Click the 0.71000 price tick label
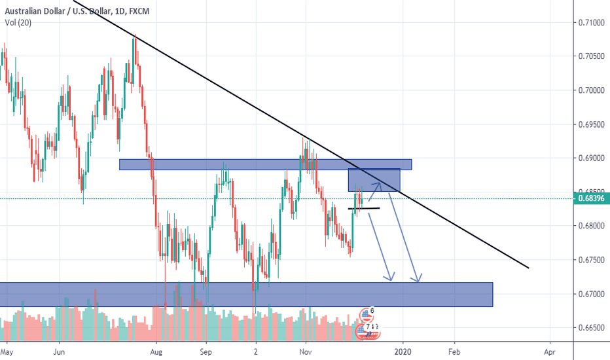tap(591, 22)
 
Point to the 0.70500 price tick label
tap(591, 56)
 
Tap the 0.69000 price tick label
tap(591, 158)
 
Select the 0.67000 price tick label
tap(591, 294)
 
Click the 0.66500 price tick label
tap(591, 327)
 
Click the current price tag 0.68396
tap(591, 199)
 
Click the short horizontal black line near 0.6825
tap(363, 209)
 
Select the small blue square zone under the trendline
tap(373, 180)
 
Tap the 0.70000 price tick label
tap(591, 90)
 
